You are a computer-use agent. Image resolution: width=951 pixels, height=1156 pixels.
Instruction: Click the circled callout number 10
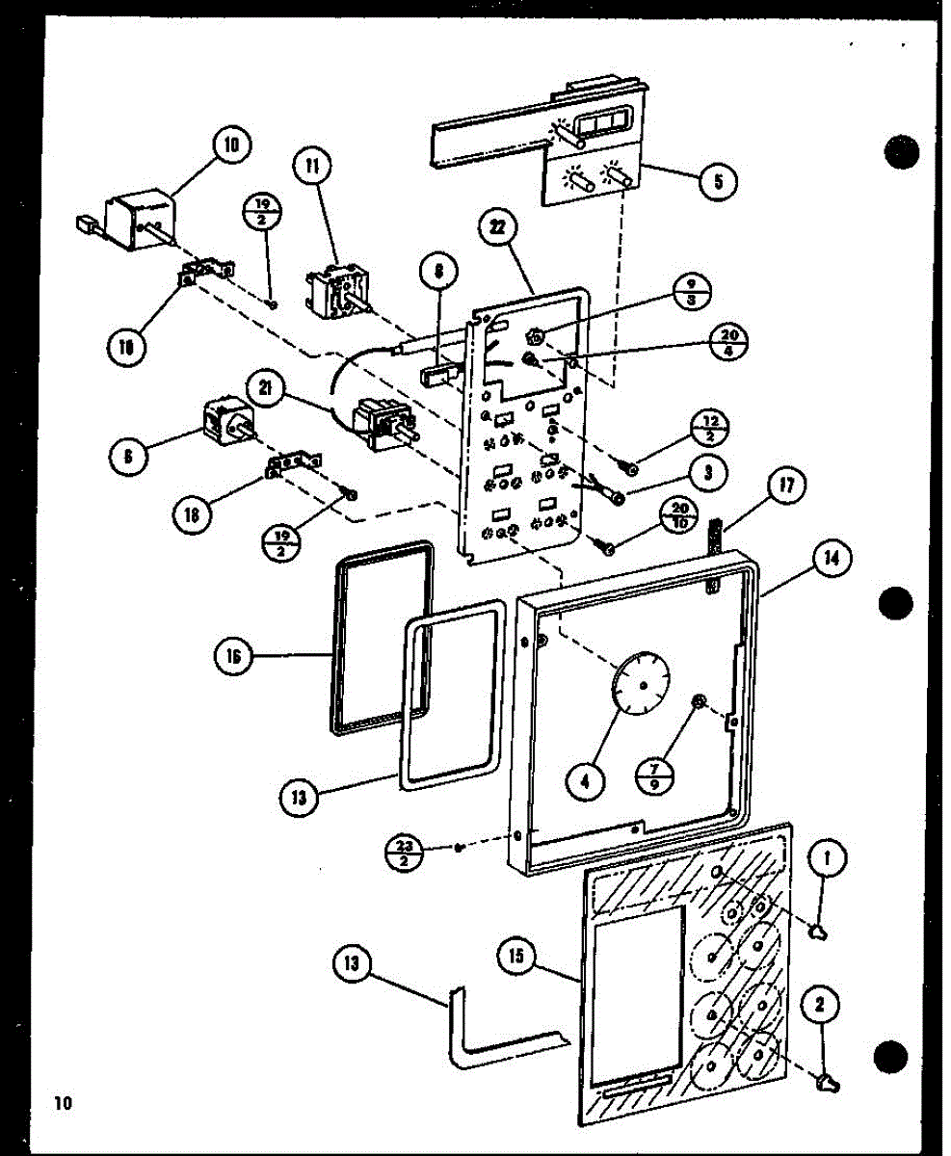231,146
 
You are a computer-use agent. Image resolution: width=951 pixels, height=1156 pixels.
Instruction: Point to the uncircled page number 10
64,1103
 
